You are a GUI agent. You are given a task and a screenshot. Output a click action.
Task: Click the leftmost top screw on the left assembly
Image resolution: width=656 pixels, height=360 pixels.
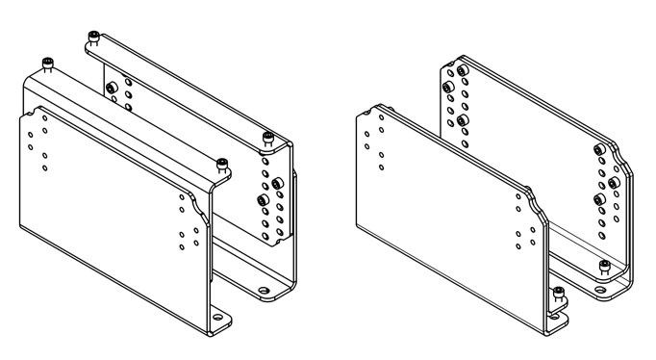coord(46,64)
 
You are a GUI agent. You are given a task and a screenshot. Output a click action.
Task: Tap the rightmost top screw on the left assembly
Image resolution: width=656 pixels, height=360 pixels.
coord(267,140)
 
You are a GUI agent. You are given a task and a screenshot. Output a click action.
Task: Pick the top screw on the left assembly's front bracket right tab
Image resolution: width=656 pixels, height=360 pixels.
coord(223,161)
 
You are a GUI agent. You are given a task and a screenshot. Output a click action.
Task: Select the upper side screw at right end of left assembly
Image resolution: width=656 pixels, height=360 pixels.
coord(277,182)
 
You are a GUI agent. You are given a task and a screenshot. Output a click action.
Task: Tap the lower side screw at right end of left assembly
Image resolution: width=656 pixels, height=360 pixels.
coord(264,200)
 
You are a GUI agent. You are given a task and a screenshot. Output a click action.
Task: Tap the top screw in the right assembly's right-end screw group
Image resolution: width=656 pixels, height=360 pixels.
coord(600,148)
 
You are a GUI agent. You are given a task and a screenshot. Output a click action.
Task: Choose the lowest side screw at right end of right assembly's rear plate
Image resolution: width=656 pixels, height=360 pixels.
coord(600,198)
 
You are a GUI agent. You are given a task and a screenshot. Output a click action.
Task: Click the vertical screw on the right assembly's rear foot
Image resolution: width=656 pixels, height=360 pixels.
coord(604,265)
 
